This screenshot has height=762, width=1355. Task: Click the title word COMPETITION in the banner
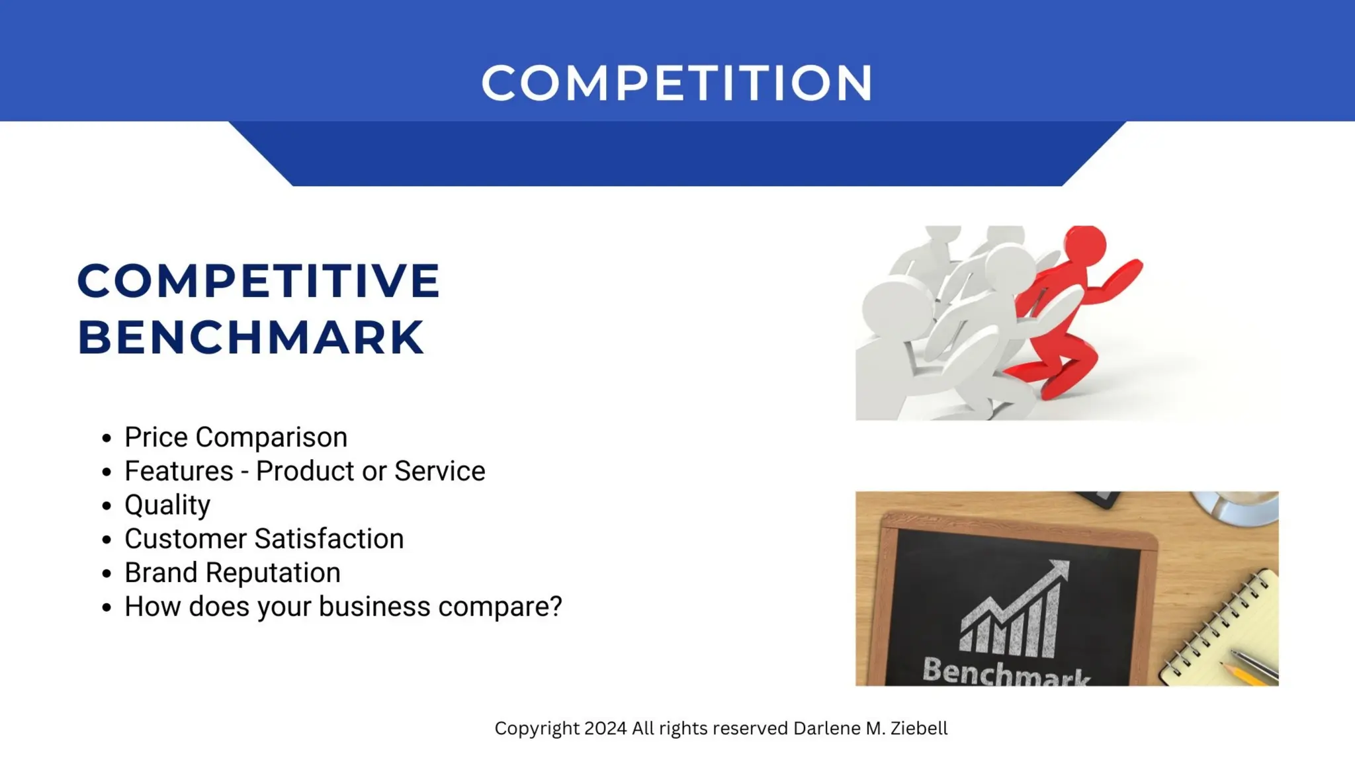pyautogui.click(x=677, y=83)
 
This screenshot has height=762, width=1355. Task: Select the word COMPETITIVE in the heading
pyautogui.click(x=258, y=280)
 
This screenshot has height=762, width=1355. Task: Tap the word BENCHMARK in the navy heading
pyautogui.click(x=250, y=337)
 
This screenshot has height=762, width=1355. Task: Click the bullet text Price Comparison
pyautogui.click(x=236, y=437)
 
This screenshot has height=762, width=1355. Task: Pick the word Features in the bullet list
pyautogui.click(x=179, y=471)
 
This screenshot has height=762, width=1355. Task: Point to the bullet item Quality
pyautogui.click(x=167, y=505)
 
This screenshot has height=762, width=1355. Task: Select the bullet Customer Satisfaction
pyautogui.click(x=264, y=539)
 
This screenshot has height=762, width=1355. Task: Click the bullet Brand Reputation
pyautogui.click(x=232, y=573)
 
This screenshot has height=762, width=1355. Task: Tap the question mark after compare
pyautogui.click(x=555, y=607)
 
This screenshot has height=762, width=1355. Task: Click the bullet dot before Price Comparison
pyautogui.click(x=107, y=438)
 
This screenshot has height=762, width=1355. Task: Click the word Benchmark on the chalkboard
pyautogui.click(x=1006, y=671)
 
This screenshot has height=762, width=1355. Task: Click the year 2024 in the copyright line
pyautogui.click(x=605, y=728)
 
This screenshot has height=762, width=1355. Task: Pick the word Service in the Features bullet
pyautogui.click(x=439, y=471)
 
